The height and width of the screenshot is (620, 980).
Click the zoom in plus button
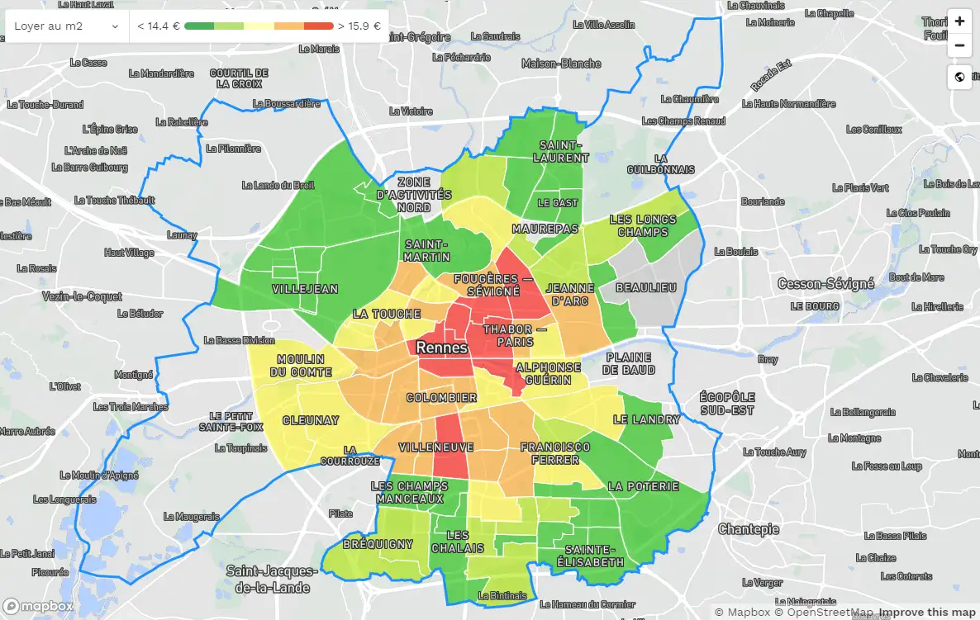pos(959,21)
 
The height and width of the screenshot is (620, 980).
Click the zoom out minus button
pos(959,45)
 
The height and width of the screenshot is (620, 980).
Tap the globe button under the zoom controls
pos(959,77)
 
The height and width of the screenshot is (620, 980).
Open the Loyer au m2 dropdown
pos(67,26)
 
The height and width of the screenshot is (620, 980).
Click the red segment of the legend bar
pos(319,26)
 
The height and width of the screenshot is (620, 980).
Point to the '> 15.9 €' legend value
pos(359,26)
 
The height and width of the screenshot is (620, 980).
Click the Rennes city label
pos(441,348)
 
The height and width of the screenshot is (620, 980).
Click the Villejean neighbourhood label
pos(305,289)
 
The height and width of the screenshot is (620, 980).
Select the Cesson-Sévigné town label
pos(825,284)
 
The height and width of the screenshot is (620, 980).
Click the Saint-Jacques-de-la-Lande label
pos(272,580)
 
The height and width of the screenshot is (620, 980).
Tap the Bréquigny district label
pos(378,544)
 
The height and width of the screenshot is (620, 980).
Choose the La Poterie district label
pos(643,486)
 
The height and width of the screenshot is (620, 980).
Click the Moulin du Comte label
pos(301,366)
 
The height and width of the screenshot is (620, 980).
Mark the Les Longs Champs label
pos(642,225)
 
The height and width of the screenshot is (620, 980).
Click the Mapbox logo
pos(38,606)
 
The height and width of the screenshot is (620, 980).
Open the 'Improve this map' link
pos(927,613)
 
